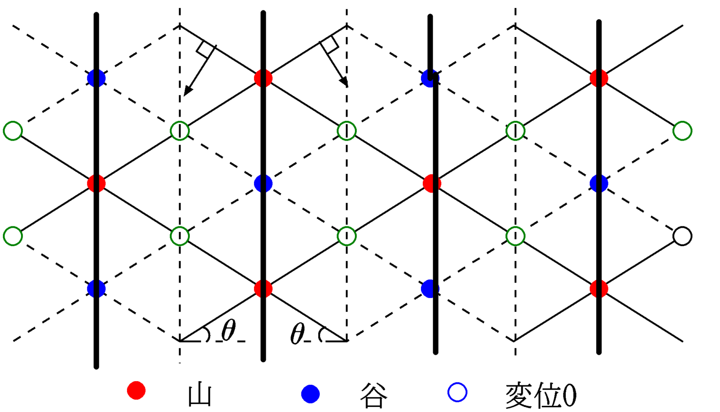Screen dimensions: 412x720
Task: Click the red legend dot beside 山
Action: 136,390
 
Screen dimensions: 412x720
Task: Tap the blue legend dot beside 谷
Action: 310,394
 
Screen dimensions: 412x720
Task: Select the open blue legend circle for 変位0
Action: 457,392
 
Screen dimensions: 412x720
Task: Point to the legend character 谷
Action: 374,396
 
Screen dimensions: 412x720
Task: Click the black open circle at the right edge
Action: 682,236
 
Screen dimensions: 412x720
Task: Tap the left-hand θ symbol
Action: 229,331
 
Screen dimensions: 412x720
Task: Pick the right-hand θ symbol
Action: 298,334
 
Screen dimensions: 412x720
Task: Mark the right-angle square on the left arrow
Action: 205,49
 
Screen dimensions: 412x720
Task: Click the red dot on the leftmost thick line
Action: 97,183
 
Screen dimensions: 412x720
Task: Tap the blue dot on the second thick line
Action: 263,183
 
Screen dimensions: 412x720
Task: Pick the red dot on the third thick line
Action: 432,183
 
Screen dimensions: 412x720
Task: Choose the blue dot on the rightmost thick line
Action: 599,183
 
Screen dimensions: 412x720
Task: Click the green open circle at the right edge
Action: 682,131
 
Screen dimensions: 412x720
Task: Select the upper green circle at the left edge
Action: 13,131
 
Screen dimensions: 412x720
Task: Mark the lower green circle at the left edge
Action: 13,236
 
